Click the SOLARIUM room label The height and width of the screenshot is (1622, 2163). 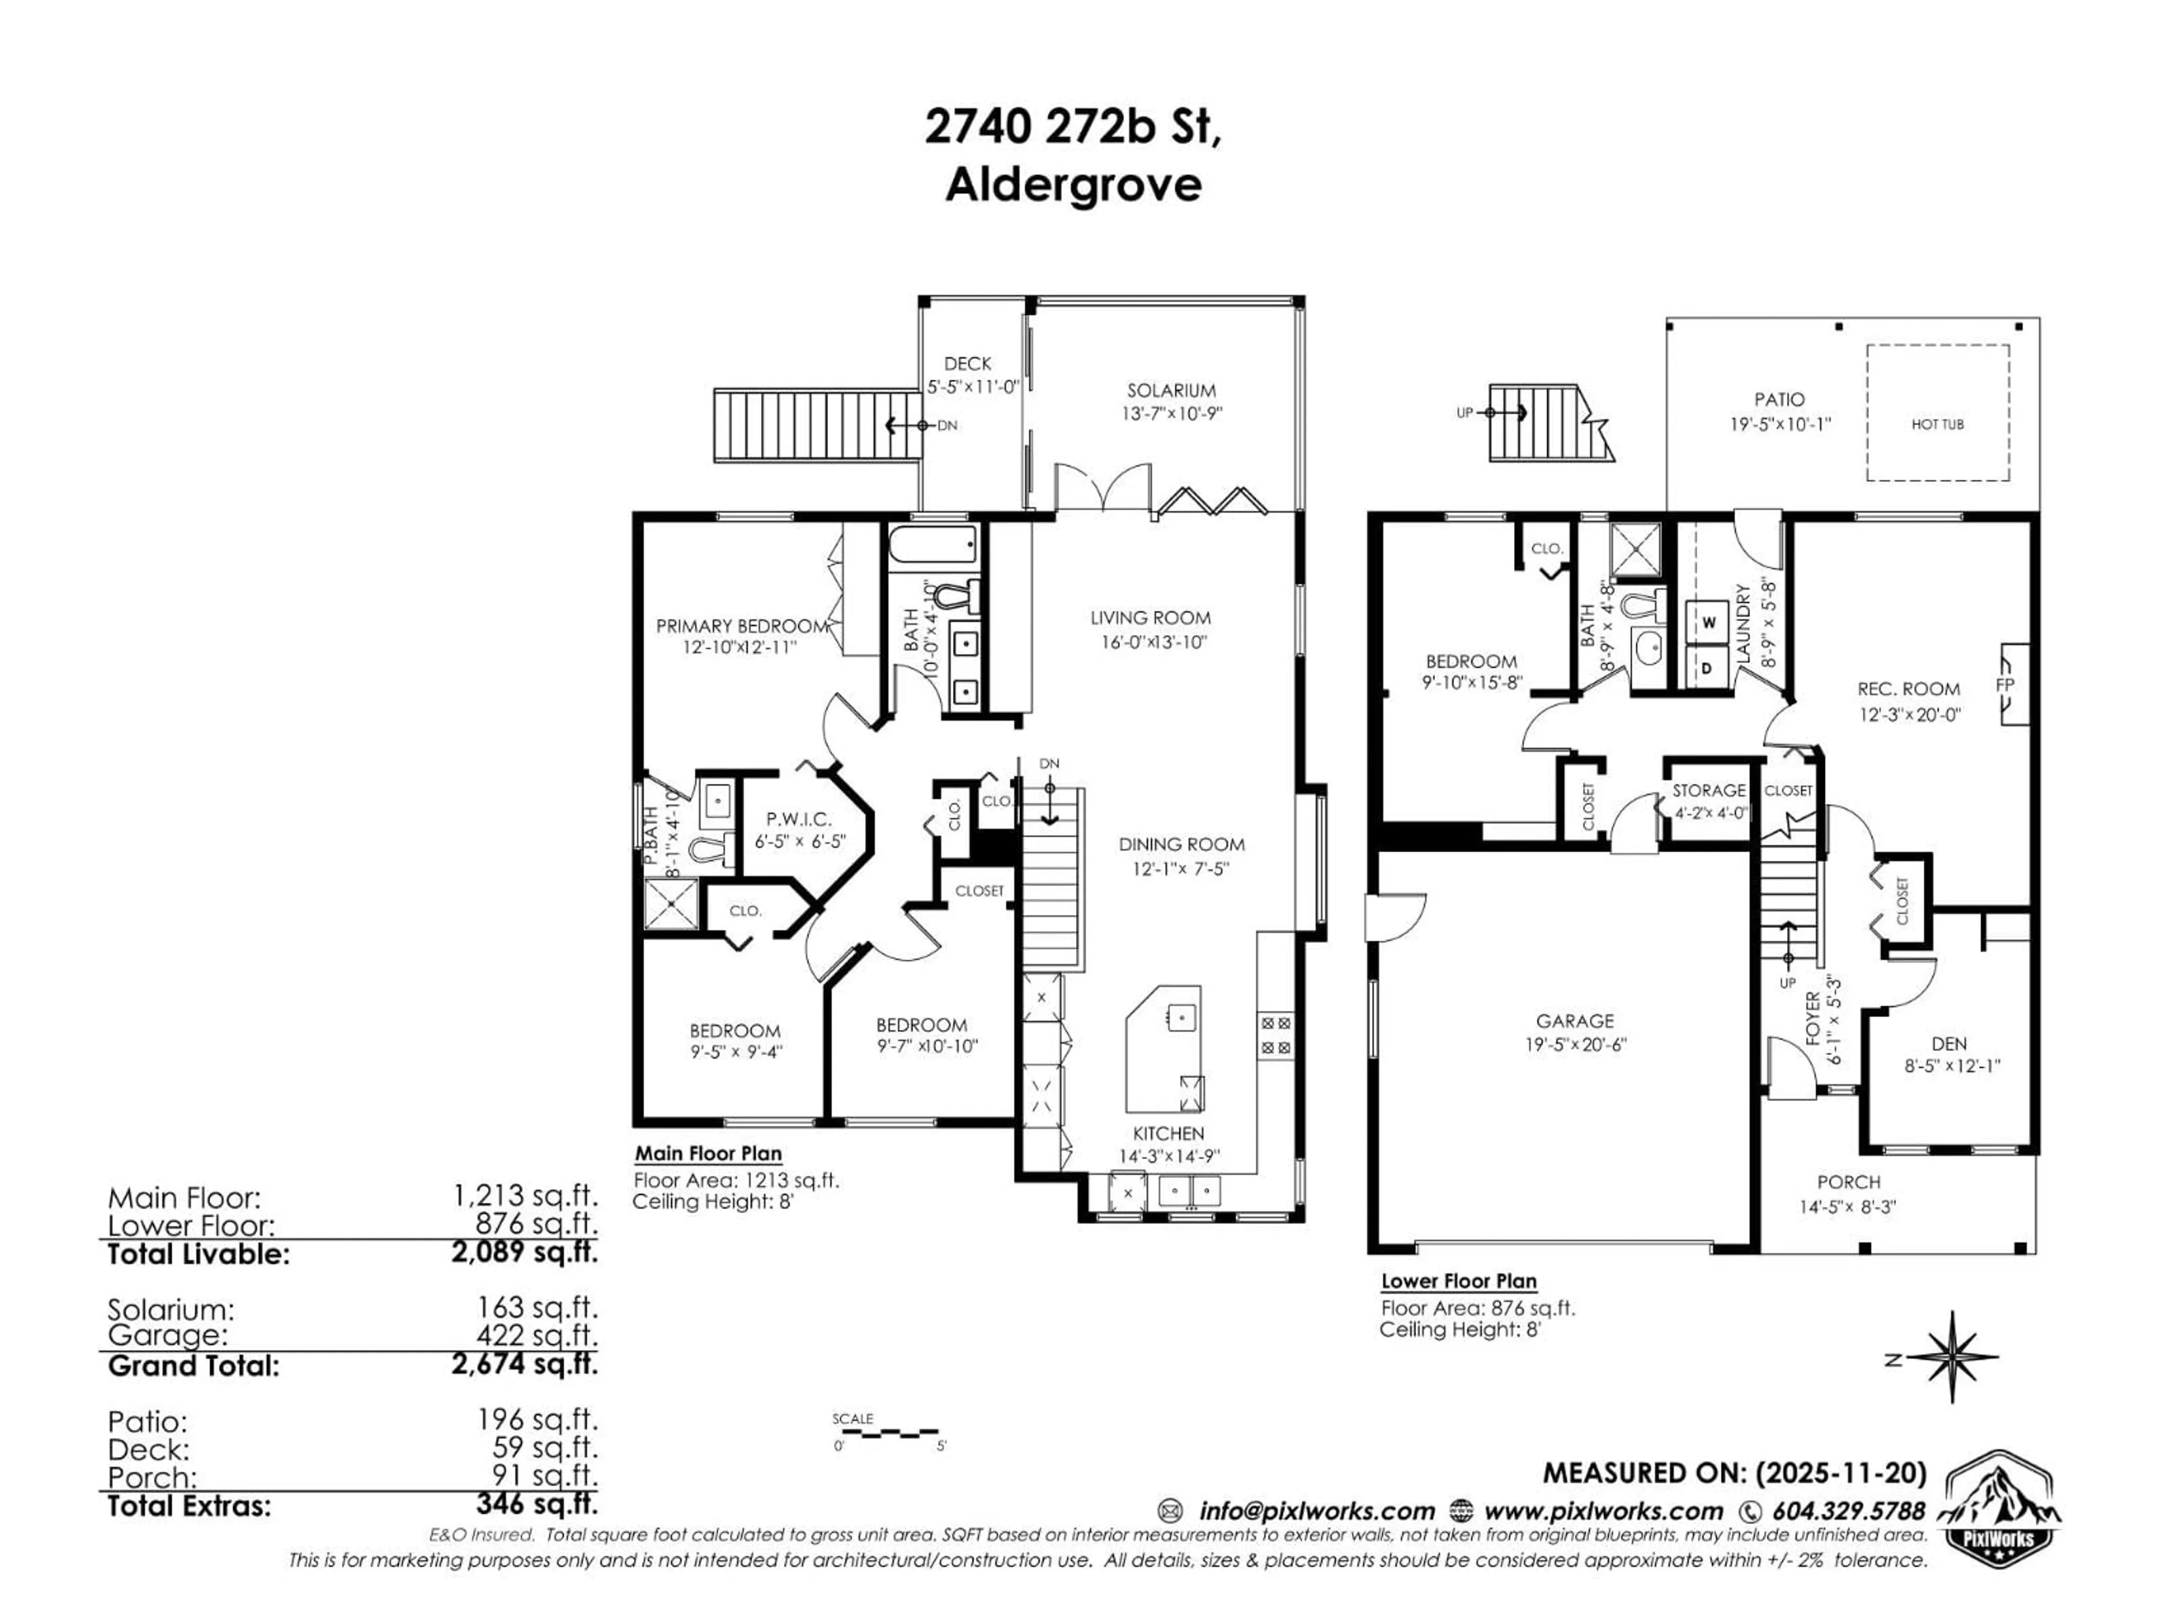pyautogui.click(x=1170, y=390)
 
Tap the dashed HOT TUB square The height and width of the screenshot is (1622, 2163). pyautogui.click(x=1937, y=413)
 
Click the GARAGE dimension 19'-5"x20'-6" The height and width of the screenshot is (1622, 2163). pyautogui.click(x=1575, y=1044)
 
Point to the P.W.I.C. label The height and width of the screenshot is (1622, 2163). pyautogui.click(x=799, y=819)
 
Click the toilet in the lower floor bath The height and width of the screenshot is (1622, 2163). pyautogui.click(x=1646, y=605)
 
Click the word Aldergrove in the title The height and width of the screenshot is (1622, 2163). pyautogui.click(x=1072, y=185)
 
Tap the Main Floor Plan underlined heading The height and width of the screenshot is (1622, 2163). pyautogui.click(x=708, y=1153)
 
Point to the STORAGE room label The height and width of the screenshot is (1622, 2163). pyautogui.click(x=1708, y=790)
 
